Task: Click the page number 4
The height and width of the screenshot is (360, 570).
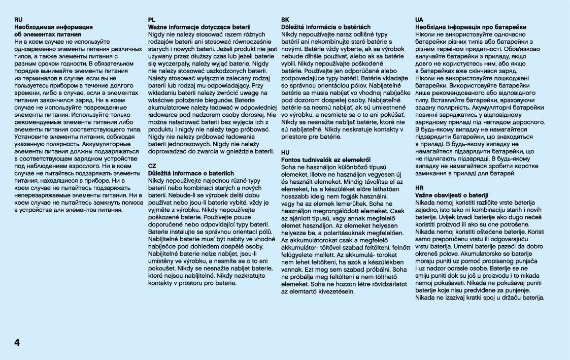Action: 17,342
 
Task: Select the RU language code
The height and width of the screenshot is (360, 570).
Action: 19,19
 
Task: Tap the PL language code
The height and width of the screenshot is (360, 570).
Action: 152,19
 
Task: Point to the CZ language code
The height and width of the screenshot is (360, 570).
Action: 152,166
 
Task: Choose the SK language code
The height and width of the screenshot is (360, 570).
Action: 285,19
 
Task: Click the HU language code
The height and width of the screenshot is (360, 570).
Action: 285,152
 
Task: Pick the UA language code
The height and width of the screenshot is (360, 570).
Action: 419,19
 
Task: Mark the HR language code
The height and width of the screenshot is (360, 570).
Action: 419,188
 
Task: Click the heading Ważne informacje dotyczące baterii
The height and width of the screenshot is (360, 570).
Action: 199,26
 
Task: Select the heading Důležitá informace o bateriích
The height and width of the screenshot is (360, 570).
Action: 191,173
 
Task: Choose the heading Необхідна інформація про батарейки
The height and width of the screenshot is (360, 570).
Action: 471,26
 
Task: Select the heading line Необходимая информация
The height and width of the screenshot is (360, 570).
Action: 53,26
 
